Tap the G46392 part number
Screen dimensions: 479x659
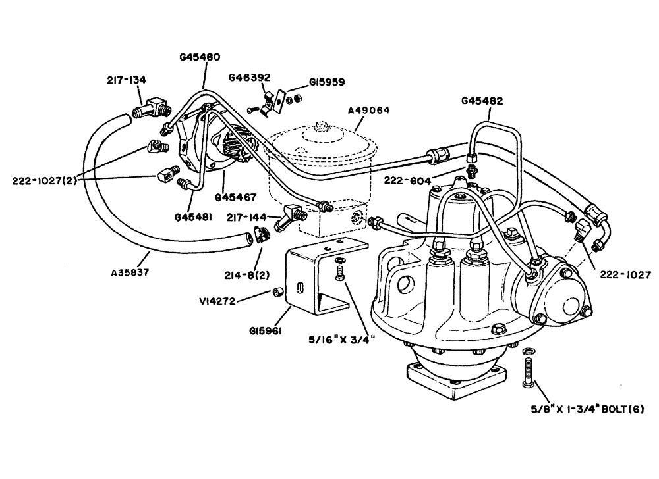coord(249,78)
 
